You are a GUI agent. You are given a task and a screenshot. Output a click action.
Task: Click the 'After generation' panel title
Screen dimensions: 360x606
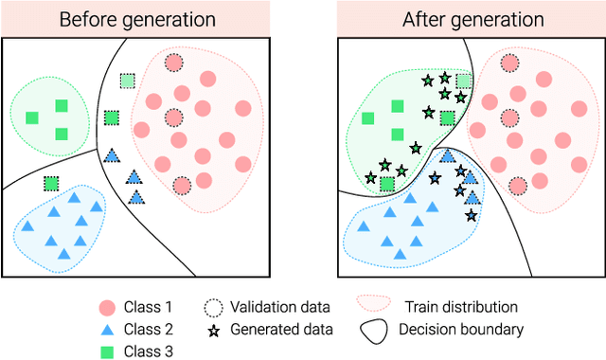470,19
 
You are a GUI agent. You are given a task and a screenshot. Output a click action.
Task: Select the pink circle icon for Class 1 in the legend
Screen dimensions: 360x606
107,307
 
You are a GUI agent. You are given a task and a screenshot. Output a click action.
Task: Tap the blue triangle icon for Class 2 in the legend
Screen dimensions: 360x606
107,330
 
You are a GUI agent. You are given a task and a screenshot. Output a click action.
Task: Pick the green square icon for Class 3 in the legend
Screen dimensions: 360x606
107,351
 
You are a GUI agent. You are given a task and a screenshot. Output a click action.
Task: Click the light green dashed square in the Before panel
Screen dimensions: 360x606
128,81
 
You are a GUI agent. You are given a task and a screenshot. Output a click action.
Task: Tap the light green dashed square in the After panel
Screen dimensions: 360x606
464,81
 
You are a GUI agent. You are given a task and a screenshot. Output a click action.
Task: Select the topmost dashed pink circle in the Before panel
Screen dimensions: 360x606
173,63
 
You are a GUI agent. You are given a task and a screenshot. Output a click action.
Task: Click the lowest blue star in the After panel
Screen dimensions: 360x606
472,215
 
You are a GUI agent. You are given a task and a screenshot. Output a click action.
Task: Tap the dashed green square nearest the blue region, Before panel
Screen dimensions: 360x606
51,184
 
